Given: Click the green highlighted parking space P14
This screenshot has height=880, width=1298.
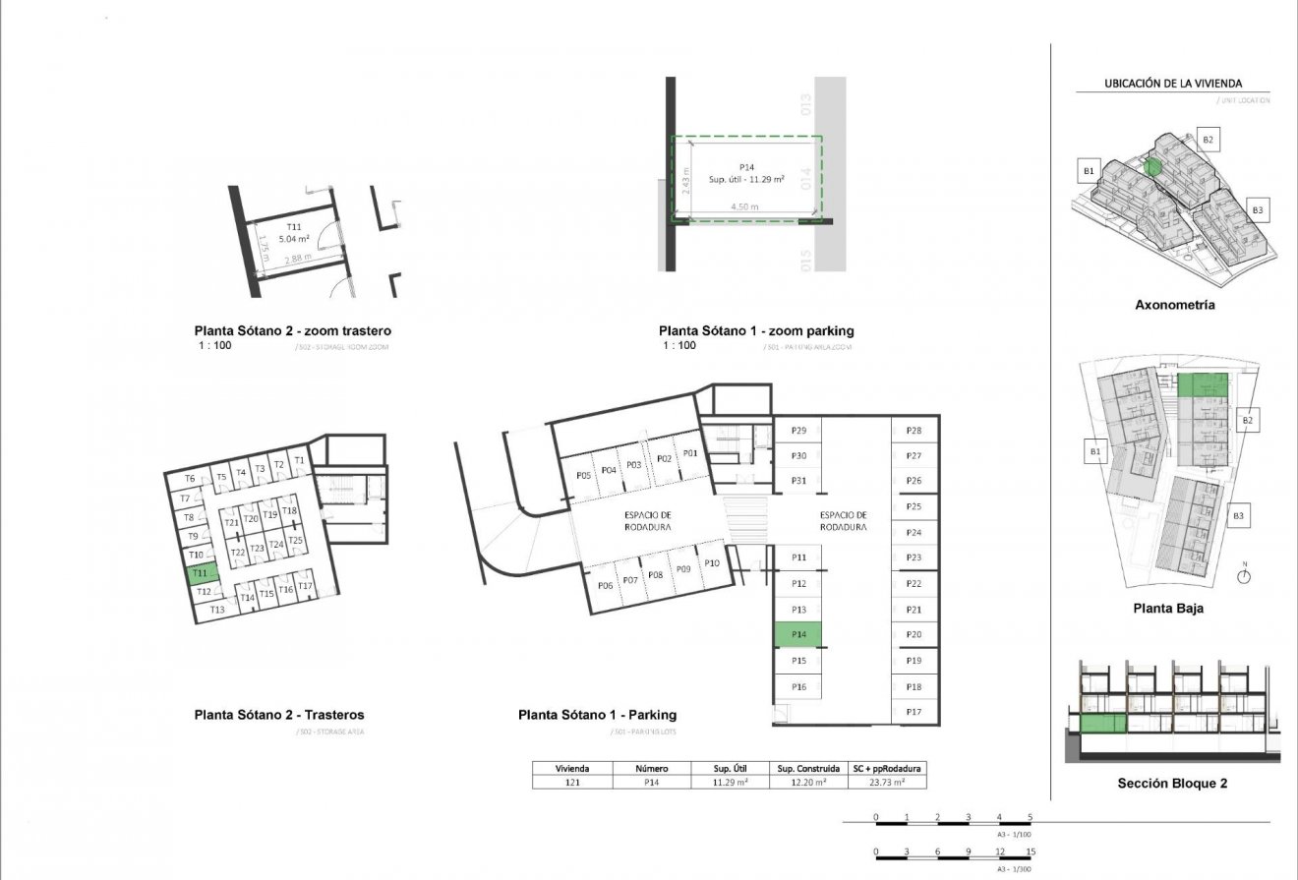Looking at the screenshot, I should point(798,635).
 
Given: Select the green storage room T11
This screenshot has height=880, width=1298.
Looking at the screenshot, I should point(200,572).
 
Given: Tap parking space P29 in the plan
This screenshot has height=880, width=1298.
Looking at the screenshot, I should point(798,431).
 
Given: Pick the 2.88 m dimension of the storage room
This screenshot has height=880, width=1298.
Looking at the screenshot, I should point(298,259).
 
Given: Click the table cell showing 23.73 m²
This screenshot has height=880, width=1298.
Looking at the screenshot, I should point(888,783).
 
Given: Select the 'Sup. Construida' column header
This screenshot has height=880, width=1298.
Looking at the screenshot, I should point(808,769).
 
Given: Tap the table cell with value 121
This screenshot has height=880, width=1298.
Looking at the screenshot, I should point(571,783).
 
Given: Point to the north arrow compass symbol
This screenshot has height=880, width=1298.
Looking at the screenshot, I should point(1244,577).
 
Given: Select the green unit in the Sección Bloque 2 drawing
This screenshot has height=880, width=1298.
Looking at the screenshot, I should point(1102,726).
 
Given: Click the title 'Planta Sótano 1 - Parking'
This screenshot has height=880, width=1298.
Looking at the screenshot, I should point(597,716).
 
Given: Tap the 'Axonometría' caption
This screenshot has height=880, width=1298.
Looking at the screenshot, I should point(1174,305).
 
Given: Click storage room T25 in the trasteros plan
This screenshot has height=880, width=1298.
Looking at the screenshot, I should point(295,542).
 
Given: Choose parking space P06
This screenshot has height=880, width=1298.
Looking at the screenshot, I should point(606,585).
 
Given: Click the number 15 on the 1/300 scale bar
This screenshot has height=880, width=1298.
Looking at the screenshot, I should point(1030,851).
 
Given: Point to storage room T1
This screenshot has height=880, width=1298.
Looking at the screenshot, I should point(300,460).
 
